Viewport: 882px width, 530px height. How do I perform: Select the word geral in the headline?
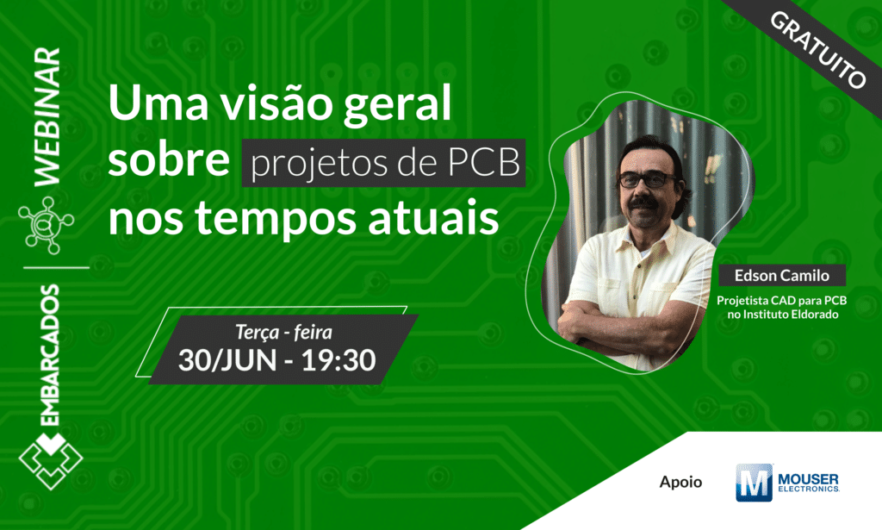407,109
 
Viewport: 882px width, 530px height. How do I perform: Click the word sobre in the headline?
170,163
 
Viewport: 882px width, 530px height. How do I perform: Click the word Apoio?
680,482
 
